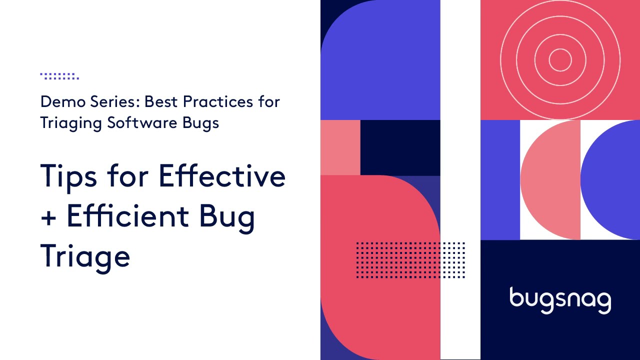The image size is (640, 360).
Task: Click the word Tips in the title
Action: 68,176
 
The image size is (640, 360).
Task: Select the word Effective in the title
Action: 222,175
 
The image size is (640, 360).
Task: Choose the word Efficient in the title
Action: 128,215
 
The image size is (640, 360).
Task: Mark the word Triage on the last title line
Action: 85,256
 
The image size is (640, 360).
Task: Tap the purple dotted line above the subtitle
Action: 59,76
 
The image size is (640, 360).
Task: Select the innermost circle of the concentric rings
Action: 560,60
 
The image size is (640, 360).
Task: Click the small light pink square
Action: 340,147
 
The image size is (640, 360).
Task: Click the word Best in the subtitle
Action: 161,102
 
